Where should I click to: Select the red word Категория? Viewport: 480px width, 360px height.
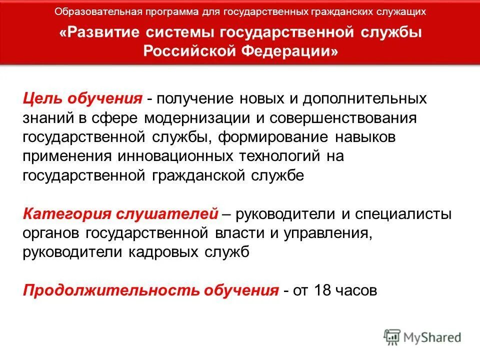(x=66, y=214)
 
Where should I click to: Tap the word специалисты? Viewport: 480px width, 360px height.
(x=403, y=214)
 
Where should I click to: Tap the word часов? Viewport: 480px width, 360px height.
(x=356, y=290)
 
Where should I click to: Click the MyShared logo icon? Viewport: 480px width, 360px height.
(x=393, y=337)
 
